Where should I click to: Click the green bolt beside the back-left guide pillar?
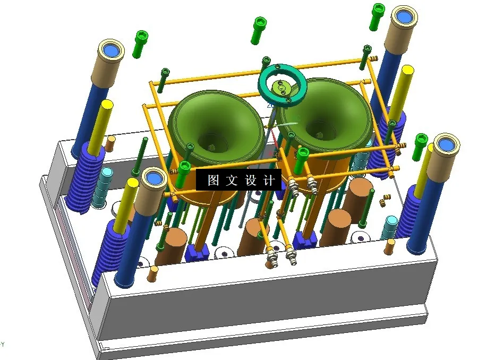click(141, 42)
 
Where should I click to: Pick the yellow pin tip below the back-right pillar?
click(408, 70)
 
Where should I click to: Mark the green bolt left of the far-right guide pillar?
click(420, 143)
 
